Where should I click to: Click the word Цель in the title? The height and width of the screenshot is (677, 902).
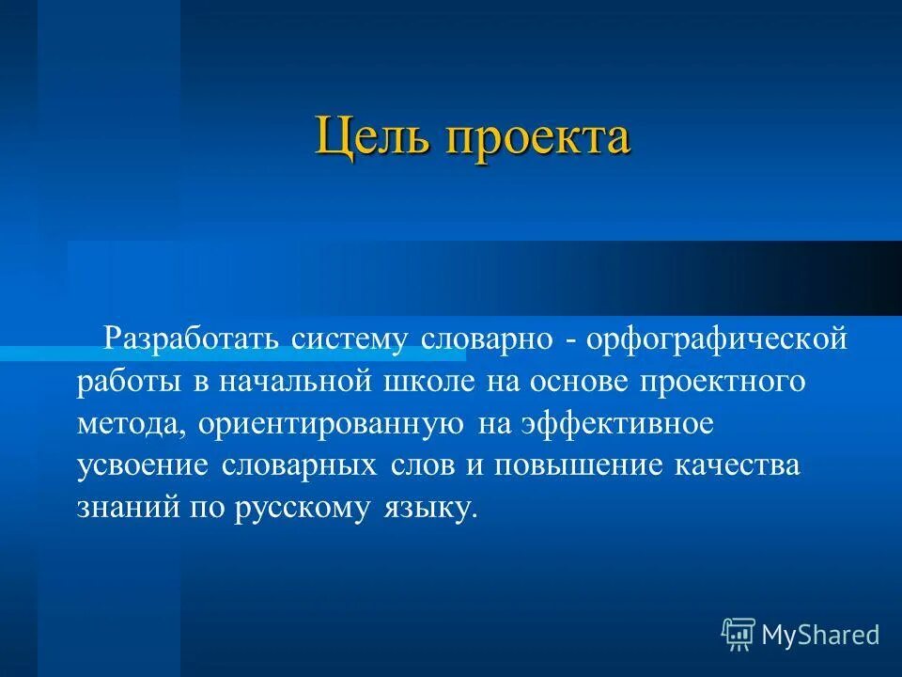[x=370, y=136]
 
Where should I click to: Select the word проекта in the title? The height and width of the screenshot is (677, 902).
[x=536, y=138]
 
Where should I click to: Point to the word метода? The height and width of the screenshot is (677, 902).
[x=133, y=424]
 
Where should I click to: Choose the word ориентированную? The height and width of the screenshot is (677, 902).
[x=332, y=425]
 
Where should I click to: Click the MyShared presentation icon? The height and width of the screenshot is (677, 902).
[x=739, y=636]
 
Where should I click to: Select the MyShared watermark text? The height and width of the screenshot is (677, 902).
[x=820, y=636]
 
